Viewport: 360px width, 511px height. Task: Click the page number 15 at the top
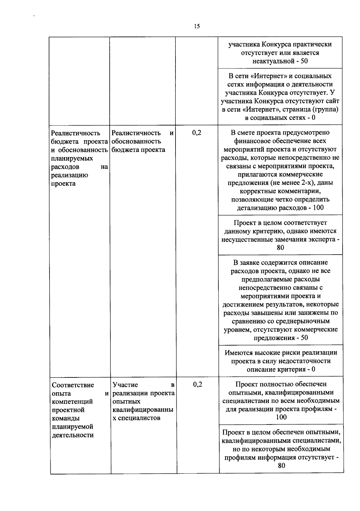coord(196,26)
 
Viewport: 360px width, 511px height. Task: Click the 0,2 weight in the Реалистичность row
coord(197,133)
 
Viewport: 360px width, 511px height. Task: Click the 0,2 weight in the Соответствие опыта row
coord(197,384)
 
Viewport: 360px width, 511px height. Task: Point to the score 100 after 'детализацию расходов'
coord(318,208)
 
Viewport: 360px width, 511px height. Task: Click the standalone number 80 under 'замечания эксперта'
coord(280,248)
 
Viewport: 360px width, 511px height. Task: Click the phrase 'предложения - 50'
coord(281,338)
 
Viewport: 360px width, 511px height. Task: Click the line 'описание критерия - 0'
coord(281,369)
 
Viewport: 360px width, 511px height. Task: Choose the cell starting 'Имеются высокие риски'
coord(281,361)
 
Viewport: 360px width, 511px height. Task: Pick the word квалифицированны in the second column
coord(143,410)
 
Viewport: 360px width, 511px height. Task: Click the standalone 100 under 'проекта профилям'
coord(281,417)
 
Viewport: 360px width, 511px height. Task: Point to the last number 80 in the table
coord(281,466)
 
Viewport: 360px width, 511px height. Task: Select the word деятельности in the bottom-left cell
coord(73,435)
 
